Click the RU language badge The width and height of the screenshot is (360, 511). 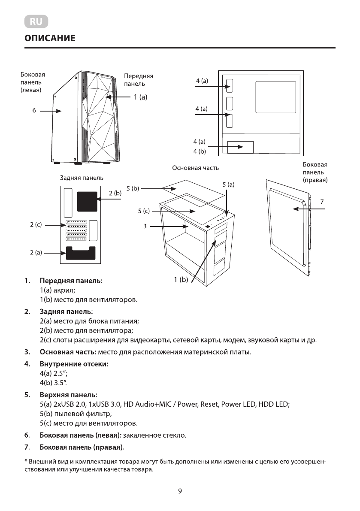point(36,21)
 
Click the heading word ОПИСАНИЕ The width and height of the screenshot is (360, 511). point(50,39)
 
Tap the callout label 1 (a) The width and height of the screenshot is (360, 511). point(140,97)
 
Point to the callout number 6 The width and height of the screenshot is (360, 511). point(33,111)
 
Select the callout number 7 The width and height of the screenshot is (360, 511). point(322,201)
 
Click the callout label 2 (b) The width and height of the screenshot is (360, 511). point(115,194)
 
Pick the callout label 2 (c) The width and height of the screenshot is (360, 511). point(36,225)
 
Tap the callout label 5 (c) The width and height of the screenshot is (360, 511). point(144,211)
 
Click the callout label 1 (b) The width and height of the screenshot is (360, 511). point(181,280)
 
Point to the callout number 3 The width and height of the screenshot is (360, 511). point(145,226)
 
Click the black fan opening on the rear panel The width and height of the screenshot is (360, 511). point(87,201)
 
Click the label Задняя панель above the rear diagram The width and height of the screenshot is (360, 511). point(81,177)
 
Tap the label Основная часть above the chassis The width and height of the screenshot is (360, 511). point(195,168)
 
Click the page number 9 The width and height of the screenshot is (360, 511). point(180,491)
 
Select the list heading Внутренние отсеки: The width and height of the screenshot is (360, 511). point(74,364)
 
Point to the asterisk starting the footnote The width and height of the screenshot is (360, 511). point(26,462)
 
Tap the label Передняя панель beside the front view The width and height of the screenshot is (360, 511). point(138,80)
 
